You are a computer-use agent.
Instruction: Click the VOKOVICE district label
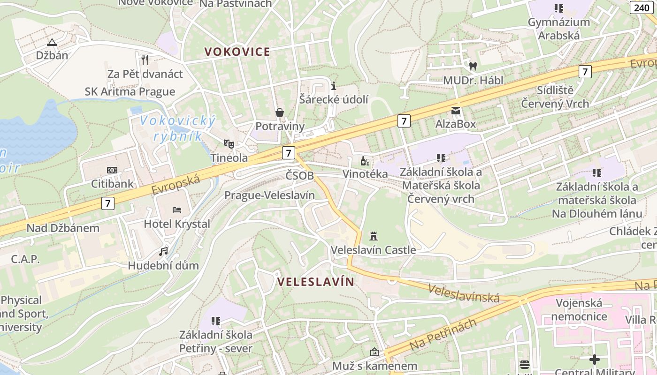[x=237, y=52]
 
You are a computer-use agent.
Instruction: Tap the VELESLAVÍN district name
[x=315, y=282]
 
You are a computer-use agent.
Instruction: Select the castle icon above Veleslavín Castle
[x=374, y=235]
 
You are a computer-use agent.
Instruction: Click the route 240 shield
[x=642, y=7]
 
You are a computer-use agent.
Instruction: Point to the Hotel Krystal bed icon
[x=177, y=210]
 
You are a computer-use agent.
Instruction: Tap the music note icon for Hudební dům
[x=163, y=251]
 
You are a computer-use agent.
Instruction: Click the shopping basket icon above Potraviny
[x=280, y=112]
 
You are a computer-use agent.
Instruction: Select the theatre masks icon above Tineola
[x=229, y=143]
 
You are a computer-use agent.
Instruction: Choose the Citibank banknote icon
[x=112, y=170]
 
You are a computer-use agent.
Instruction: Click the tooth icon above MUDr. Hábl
[x=473, y=66]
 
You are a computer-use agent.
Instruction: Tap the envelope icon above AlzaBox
[x=456, y=110]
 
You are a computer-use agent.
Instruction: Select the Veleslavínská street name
[x=464, y=293]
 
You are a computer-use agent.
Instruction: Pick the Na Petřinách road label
[x=443, y=334]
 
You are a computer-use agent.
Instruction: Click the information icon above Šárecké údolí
[x=334, y=86]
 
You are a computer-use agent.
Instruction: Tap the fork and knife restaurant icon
[x=145, y=60]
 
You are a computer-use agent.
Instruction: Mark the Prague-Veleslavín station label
[x=269, y=195]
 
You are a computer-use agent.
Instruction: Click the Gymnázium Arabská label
[x=558, y=29]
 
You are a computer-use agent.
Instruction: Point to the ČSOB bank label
[x=299, y=175]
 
